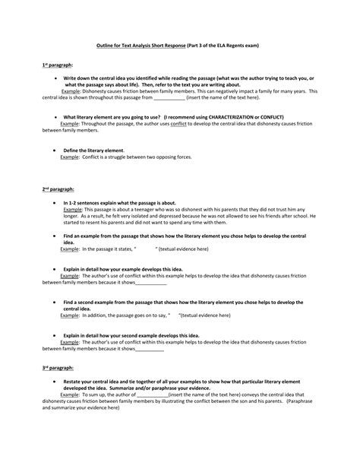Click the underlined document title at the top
pyautogui.click(x=180, y=45)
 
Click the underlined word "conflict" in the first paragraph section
pyautogui.click(x=178, y=123)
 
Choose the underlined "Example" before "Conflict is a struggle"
pyautogui.click(x=70, y=156)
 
